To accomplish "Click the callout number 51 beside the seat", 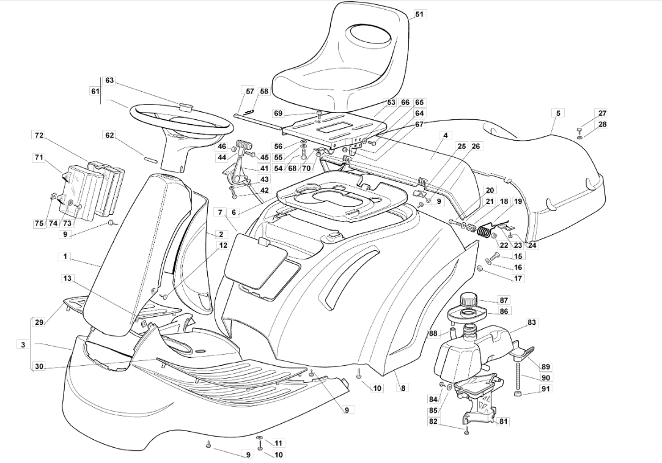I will pos(418,14).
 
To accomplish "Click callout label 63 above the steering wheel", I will pos(109,80).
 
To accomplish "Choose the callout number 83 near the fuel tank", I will pos(531,322).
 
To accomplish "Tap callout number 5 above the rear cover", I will pos(557,113).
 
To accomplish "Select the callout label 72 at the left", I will pos(39,135).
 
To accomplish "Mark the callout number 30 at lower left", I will pos(39,366).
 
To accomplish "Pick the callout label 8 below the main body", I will pos(403,388).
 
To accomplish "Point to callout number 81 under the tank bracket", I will pos(504,421).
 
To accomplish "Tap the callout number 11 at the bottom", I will pos(279,443).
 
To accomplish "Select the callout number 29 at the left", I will pos(39,322).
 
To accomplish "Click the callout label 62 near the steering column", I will pos(109,135).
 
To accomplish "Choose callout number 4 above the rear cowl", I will pos(446,135).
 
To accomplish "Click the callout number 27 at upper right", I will pos(602,113).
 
